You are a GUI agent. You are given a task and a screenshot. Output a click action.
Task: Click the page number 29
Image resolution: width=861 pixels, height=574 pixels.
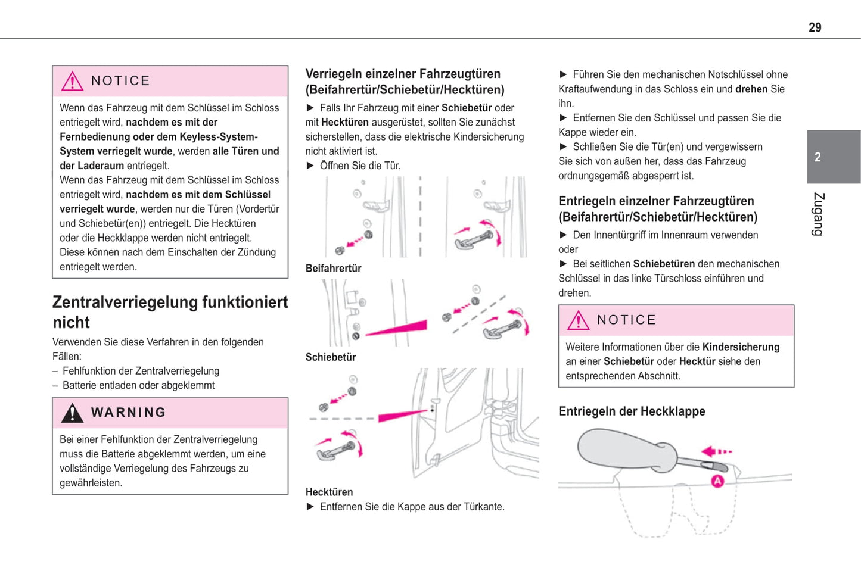tap(815, 27)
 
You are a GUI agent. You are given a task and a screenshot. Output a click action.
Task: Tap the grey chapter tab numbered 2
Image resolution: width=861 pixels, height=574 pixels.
tap(833, 157)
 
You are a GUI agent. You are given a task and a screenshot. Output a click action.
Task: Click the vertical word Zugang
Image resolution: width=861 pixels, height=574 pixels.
tap(818, 214)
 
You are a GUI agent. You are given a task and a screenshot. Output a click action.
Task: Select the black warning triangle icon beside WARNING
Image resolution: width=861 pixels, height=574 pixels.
tap(72, 413)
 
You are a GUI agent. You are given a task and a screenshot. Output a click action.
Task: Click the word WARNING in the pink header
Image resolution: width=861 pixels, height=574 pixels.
tap(128, 413)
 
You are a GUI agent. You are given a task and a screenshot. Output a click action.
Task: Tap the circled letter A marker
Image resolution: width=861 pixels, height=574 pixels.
tap(717, 481)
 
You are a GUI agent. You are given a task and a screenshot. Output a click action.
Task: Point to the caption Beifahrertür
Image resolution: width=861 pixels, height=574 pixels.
tap(333, 269)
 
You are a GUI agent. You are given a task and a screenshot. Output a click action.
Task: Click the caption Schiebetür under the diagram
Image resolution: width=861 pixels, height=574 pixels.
tap(330, 357)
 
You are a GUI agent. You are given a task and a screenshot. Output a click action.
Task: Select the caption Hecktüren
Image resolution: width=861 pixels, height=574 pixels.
tap(329, 492)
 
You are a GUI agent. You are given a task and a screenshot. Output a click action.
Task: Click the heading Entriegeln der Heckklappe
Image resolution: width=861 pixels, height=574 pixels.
tap(632, 411)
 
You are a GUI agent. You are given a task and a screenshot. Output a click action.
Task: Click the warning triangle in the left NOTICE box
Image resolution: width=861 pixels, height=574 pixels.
tap(72, 81)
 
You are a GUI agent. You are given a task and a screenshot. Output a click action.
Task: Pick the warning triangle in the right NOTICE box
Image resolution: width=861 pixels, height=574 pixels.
tap(578, 320)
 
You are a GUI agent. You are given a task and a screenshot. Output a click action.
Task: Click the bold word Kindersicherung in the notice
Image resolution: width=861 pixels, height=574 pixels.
tap(741, 347)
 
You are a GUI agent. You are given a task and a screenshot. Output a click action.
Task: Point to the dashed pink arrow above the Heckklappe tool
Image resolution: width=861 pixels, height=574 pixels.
tap(716, 452)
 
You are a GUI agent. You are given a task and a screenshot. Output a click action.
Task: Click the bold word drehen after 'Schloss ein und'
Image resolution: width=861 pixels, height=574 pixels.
tap(751, 89)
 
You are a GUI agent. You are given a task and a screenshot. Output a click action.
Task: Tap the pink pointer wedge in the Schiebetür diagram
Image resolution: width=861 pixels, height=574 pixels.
tap(398, 328)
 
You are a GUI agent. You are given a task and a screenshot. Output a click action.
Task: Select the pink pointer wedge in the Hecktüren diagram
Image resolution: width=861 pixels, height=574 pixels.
tap(403, 414)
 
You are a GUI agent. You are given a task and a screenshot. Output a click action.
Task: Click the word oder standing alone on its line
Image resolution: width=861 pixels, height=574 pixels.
tap(568, 249)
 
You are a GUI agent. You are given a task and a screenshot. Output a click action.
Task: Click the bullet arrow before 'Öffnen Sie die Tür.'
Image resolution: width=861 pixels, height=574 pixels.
tap(310, 166)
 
